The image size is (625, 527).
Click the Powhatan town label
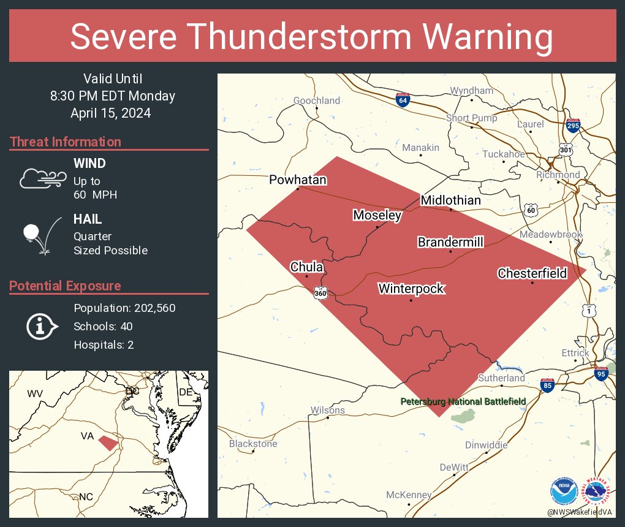tap(298, 180)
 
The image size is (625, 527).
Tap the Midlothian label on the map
tap(450, 200)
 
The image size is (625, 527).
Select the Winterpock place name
tap(411, 289)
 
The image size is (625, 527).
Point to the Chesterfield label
tap(532, 273)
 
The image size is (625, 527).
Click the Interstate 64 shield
tap(403, 100)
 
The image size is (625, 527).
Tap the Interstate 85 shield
tap(547, 385)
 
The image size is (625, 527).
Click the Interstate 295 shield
tap(573, 126)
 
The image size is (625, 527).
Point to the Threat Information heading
tap(66, 142)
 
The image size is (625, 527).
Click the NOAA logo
tap(564, 491)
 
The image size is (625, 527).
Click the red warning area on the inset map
tap(108, 442)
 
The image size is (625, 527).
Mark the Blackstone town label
tap(253, 444)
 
